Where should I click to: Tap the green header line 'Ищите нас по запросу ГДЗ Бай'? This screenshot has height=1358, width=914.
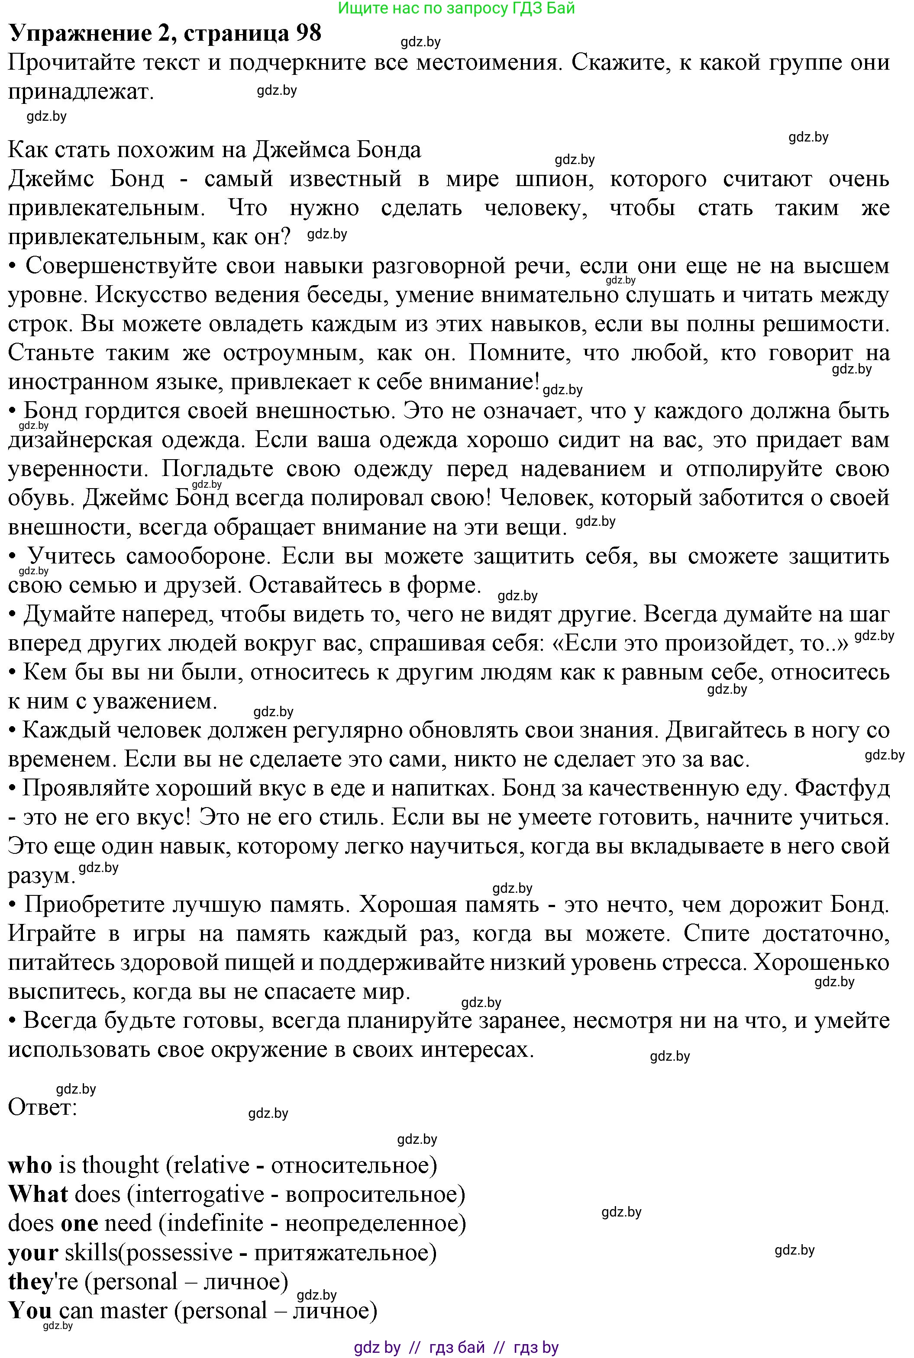(456, 8)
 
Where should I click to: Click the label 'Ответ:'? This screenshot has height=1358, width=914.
(42, 1107)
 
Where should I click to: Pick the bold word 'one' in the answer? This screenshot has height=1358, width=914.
(79, 1223)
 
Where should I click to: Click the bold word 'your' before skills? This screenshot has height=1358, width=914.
(33, 1253)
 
